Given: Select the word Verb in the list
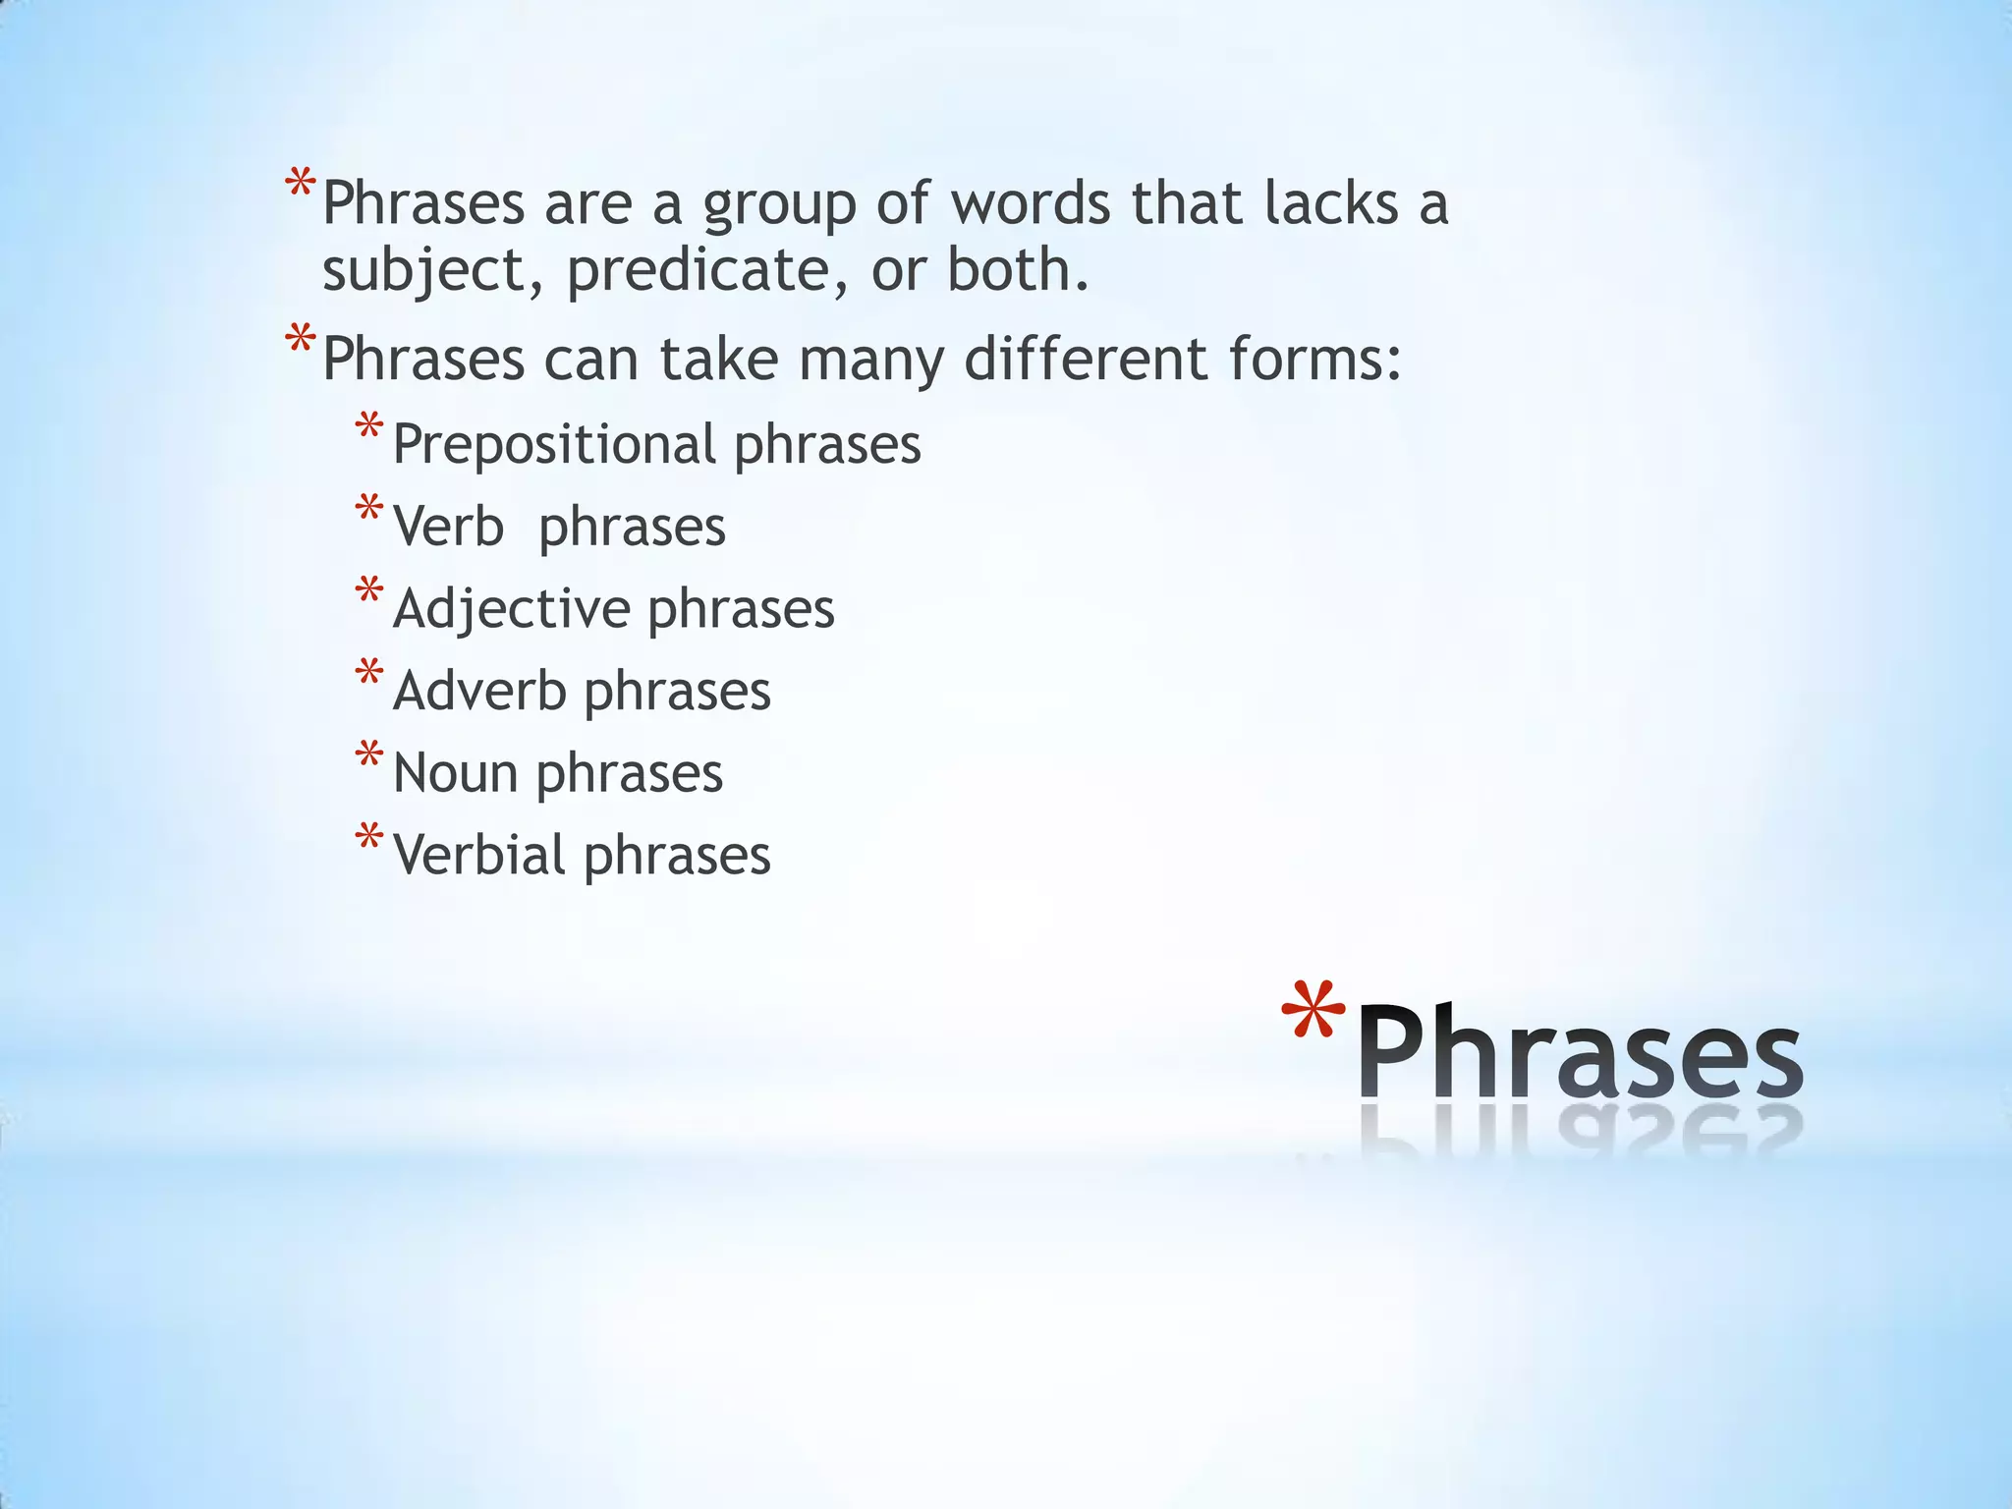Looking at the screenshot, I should [x=448, y=527].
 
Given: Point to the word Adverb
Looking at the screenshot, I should [x=479, y=691].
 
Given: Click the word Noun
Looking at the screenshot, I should [x=455, y=773].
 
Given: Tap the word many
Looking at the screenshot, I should [x=871, y=361].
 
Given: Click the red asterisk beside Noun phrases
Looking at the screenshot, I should [x=369, y=756].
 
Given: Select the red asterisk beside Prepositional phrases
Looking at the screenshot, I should [x=369, y=428].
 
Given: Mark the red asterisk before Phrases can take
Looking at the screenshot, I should [x=300, y=342].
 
